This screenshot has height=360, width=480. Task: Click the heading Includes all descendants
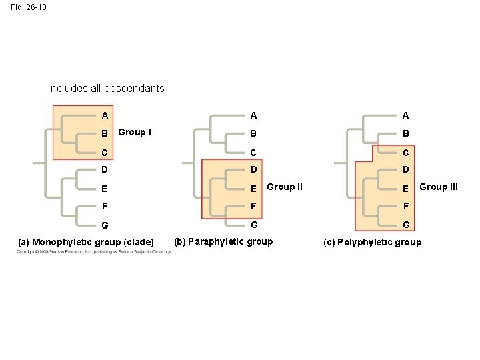click(x=106, y=88)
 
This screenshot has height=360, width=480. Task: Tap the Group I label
click(x=134, y=132)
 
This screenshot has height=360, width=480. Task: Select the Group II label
click(x=285, y=187)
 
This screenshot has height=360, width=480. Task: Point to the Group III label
click(x=438, y=187)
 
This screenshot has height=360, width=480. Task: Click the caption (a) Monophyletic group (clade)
click(x=86, y=241)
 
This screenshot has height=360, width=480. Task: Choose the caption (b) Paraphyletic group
click(x=223, y=241)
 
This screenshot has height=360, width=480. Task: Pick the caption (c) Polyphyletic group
click(x=372, y=242)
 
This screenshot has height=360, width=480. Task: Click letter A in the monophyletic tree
click(x=105, y=115)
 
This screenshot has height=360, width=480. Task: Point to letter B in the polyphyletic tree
click(x=405, y=133)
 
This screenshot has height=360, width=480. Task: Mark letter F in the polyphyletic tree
click(x=405, y=207)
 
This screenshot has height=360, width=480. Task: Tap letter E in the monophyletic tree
click(x=105, y=189)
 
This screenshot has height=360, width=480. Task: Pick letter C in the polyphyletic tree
click(x=405, y=152)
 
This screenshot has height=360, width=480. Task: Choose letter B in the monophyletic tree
click(x=105, y=133)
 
